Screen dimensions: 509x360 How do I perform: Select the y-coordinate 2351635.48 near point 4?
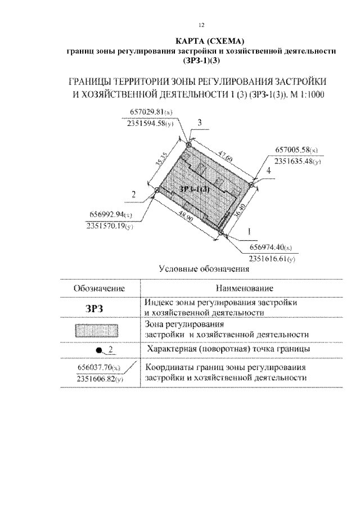[296, 161]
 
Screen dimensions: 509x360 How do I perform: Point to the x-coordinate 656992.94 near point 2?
[110, 215]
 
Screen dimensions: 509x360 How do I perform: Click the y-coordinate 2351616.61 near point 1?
[272, 259]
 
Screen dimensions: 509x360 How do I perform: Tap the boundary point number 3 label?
[200, 123]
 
